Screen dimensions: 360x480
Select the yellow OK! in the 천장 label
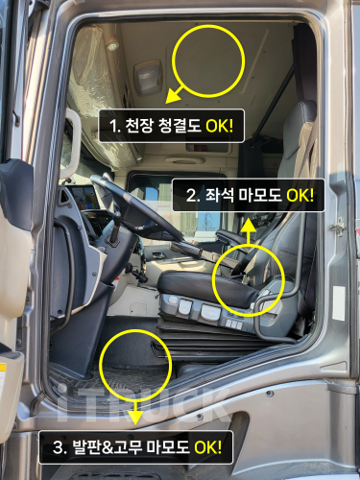tap(219, 126)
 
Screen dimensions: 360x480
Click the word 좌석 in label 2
tap(219, 195)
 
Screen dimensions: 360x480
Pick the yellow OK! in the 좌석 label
tap(300, 195)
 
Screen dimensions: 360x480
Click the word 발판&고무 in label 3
tap(107, 446)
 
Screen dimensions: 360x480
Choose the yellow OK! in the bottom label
tap(208, 446)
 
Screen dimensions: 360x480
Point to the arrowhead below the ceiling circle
tap(173, 97)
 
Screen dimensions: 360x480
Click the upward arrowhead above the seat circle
tap(249, 226)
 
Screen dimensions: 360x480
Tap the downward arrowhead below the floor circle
tap(135, 418)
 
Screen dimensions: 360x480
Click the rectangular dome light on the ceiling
tap(148, 78)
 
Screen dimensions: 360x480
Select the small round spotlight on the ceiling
tap(112, 45)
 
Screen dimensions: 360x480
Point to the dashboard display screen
tap(84, 197)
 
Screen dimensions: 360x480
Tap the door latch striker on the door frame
tap(338, 226)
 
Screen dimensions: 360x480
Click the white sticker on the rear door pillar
tap(339, 303)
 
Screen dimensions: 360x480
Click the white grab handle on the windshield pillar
tap(73, 143)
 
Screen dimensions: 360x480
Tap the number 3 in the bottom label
tap(59, 447)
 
